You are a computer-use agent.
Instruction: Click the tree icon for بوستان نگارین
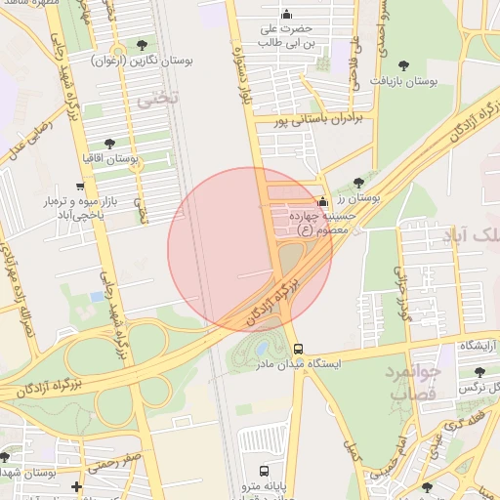coord(145,45)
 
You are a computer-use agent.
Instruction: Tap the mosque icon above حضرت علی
coord(286,14)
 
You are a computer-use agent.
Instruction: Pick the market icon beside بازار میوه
coord(80,186)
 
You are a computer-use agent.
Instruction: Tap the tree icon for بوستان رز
coord(359,183)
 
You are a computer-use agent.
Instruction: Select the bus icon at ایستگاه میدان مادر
coord(298,349)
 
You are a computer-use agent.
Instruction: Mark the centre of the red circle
coord(250,250)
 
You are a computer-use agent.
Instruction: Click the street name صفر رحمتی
coord(121,462)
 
